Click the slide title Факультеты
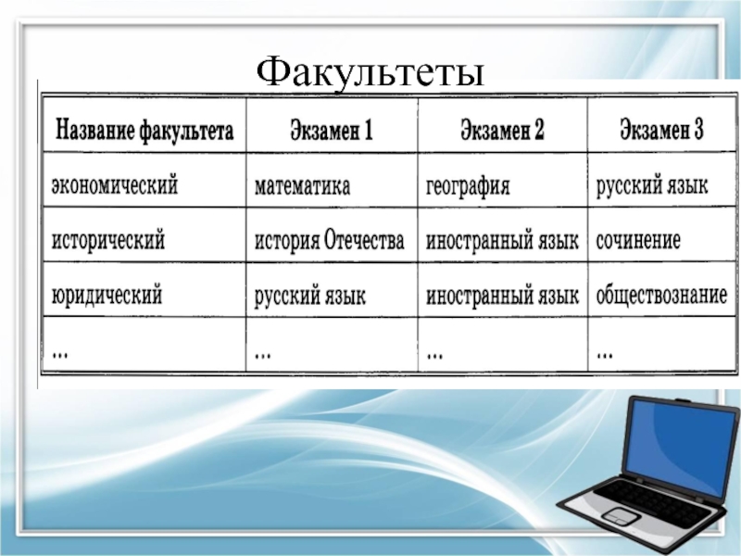coord(370,72)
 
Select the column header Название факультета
coord(144,130)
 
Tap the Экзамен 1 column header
coord(332,130)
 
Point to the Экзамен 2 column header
coord(502,129)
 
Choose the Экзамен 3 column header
coord(661,129)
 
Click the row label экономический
coord(115,184)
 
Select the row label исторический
coord(108,239)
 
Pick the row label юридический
coord(107,294)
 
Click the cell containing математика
coord(303,186)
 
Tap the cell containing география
coord(468,186)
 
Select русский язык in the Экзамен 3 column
coord(652,185)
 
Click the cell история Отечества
coord(330,240)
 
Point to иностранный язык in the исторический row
coord(502,241)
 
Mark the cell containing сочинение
coord(638,240)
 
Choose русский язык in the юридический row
coord(310,297)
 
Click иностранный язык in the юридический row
coord(502,296)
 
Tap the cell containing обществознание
coord(661,295)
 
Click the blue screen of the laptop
coord(681,445)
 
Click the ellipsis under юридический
coord(60,354)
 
